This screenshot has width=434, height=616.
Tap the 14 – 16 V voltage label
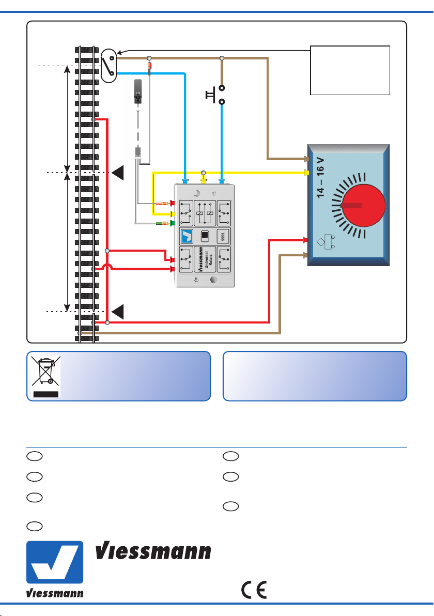[320, 178]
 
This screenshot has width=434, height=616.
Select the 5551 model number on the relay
[223, 237]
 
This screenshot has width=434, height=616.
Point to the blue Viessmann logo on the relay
[187, 237]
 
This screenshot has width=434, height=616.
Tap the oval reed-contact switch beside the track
[109, 66]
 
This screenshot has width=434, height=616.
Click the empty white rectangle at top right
[350, 70]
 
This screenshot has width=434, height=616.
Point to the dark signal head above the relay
[137, 91]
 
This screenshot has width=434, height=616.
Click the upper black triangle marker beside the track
[118, 173]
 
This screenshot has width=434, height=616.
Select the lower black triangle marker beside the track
[118, 312]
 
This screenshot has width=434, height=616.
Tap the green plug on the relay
[171, 223]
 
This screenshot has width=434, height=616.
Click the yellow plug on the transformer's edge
[306, 173]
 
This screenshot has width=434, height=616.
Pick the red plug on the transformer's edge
[305, 240]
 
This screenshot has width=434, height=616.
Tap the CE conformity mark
[254, 590]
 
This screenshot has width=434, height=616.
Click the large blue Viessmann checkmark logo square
[55, 562]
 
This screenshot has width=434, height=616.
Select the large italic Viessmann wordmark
[153, 551]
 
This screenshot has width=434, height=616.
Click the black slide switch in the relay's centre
[205, 236]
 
